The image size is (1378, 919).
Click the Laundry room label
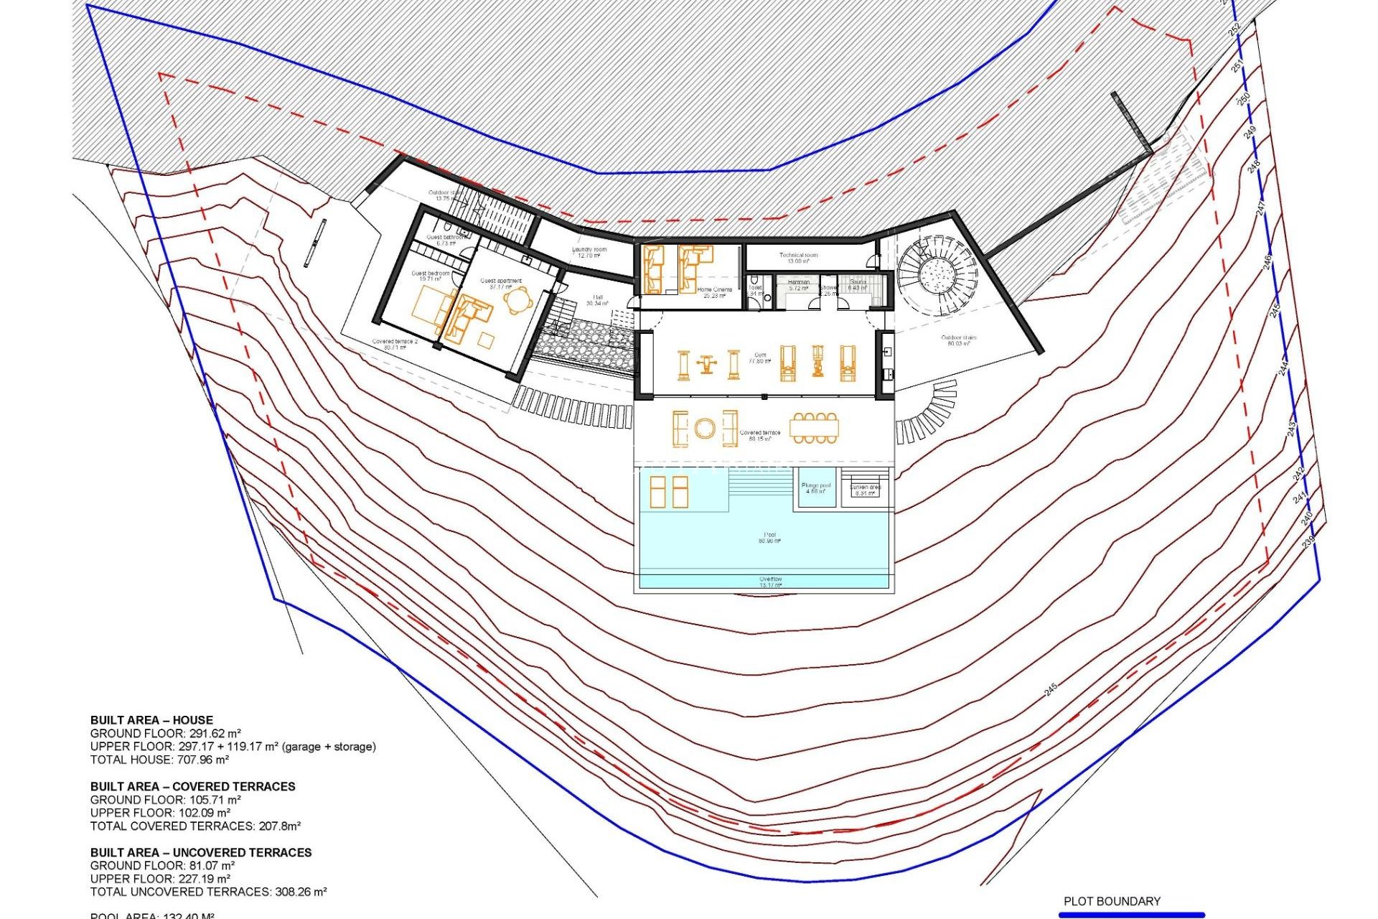(x=589, y=252)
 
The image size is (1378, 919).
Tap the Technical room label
(x=798, y=258)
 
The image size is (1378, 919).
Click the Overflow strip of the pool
(x=770, y=582)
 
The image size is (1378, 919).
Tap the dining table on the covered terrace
(x=814, y=429)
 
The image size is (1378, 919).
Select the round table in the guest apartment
(x=518, y=301)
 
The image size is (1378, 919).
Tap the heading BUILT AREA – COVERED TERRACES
(x=192, y=786)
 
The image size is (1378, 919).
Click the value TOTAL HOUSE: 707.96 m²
(x=159, y=760)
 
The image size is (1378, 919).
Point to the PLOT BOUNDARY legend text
(x=1112, y=901)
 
